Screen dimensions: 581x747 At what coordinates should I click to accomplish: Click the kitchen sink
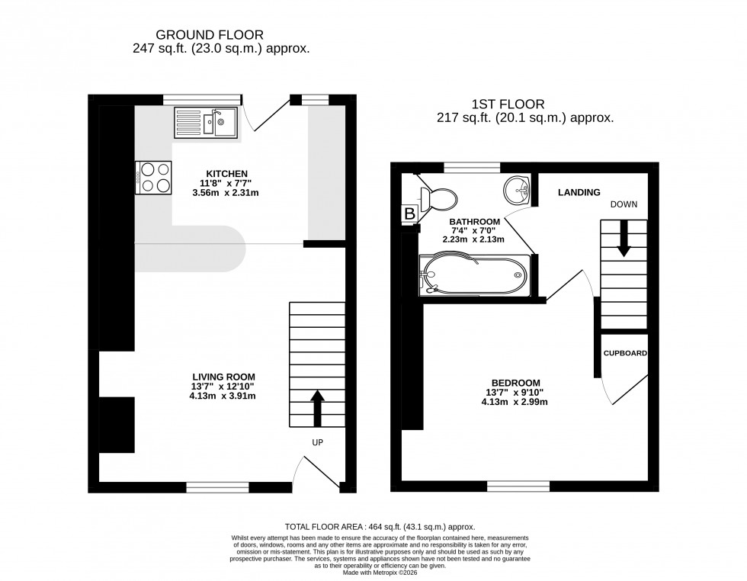point(207,122)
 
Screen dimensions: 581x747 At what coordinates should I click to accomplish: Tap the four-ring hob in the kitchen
point(153,178)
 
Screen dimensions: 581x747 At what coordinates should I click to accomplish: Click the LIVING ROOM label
point(223,376)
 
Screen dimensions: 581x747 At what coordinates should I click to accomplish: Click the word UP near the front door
point(318,442)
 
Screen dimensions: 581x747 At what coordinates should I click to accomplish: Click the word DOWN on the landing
point(624,204)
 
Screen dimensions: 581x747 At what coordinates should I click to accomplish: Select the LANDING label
point(579,192)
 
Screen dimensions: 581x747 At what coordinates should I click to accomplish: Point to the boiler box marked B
point(409,214)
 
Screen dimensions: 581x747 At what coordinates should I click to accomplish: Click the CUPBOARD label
point(625,354)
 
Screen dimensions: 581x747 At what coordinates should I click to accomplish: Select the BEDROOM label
point(515,383)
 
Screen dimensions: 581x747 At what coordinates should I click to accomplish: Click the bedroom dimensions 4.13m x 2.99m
point(515,402)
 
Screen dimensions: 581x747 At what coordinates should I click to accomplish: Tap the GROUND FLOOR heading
point(210,34)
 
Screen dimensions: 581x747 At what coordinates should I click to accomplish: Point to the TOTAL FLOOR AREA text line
point(380,527)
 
